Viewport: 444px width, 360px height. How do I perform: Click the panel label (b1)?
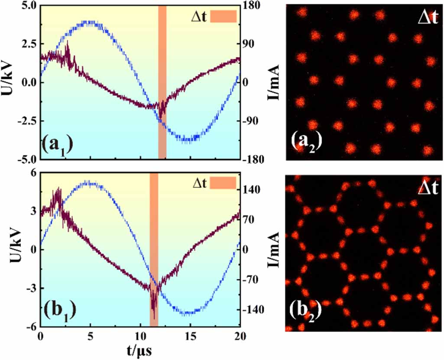pyautogui.click(x=60, y=310)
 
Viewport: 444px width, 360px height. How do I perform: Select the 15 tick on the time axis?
pyautogui.click(x=190, y=336)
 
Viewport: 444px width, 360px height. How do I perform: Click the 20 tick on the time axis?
pyautogui.click(x=240, y=336)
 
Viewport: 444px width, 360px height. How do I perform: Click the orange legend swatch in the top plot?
pyautogui.click(x=224, y=16)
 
